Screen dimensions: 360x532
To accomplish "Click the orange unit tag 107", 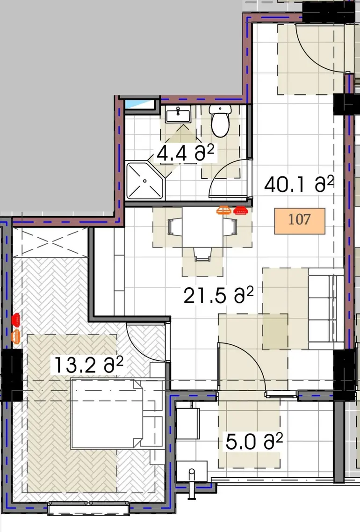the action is click(300, 221).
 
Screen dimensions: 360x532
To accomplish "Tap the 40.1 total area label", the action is click(299, 184).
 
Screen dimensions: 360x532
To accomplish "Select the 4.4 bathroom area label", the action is click(186, 153).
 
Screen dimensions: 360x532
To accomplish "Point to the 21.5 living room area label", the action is click(219, 295).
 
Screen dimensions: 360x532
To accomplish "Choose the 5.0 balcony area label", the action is click(254, 441).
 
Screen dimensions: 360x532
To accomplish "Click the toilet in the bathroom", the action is click(220, 120).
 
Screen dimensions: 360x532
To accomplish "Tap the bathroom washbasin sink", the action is click(178, 114).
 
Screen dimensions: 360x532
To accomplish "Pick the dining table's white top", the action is click(202, 227).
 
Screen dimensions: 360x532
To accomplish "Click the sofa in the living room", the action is click(326, 308).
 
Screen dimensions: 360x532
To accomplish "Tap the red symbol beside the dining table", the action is click(240, 211).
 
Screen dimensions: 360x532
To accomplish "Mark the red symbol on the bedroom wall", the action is click(16, 319).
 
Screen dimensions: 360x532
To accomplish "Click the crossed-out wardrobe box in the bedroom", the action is click(50, 242).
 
